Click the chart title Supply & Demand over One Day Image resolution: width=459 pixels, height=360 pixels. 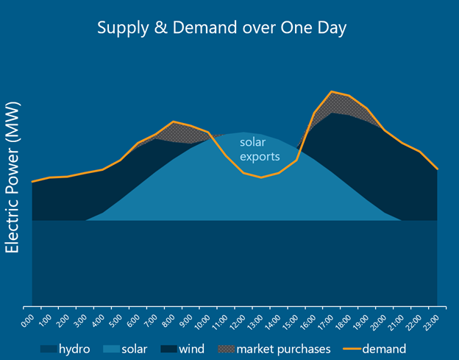coord(222,28)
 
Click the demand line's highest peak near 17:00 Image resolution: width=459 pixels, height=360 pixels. coord(332,92)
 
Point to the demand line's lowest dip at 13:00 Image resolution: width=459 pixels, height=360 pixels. coord(261,177)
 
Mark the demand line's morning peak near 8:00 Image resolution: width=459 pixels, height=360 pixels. coord(174,121)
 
